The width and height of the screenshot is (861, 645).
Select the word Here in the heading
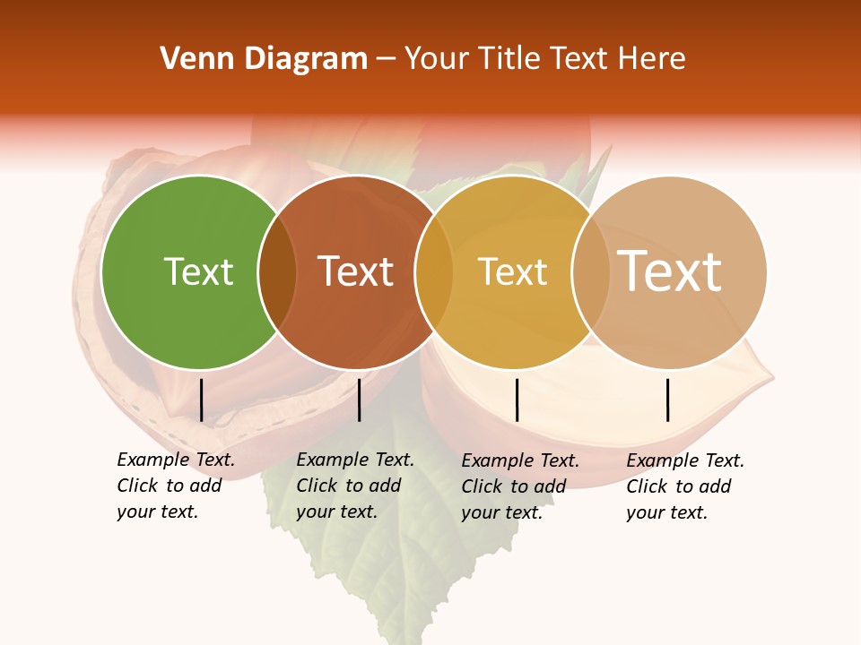652,59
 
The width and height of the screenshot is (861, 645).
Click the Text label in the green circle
198,271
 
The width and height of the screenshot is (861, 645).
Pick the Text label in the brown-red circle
356,271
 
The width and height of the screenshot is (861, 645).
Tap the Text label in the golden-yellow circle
512,272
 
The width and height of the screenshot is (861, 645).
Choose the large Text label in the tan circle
669,271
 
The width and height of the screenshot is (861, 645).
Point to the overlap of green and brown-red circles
277,272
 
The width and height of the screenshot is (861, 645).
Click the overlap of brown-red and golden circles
434,272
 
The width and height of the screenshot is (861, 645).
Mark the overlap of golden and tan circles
591,272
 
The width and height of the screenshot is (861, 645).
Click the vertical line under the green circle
202,400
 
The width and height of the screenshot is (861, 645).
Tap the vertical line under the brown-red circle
359,400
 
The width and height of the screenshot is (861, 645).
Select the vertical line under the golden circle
517,400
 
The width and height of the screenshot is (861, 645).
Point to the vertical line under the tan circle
668,400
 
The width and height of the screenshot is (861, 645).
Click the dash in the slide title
386,60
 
